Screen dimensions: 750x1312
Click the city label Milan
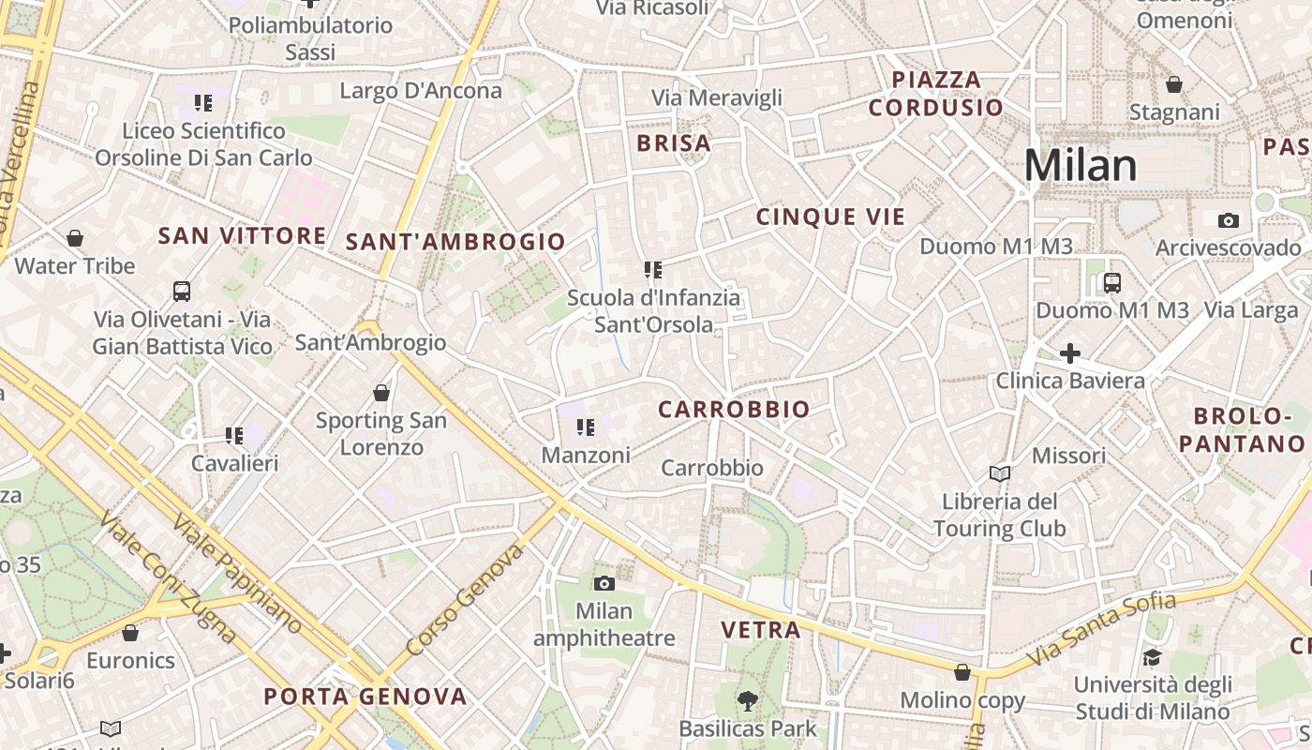(1080, 166)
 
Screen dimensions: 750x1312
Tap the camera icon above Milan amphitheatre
(604, 583)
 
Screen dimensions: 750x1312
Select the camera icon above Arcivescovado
(1228, 220)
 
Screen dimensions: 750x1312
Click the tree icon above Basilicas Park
(747, 699)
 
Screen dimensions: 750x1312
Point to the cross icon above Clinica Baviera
(1069, 353)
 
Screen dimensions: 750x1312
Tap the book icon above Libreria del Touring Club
(1000, 473)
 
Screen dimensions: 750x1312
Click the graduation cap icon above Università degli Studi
(1151, 657)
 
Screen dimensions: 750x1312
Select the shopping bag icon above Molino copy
(962, 672)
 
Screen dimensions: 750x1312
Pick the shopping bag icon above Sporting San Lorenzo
(380, 392)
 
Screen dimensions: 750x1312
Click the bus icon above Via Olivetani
(182, 292)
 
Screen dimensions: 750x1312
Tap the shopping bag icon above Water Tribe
(75, 238)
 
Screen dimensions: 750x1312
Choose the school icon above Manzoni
(586, 427)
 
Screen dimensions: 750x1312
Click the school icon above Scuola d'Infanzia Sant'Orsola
(653, 270)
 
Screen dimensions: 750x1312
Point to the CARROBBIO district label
(734, 410)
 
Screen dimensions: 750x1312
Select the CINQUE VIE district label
(830, 217)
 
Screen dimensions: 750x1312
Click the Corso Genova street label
(466, 601)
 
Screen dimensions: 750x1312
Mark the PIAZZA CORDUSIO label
(936, 93)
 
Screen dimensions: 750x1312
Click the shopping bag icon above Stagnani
(1174, 85)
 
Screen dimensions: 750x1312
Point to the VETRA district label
(760, 630)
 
